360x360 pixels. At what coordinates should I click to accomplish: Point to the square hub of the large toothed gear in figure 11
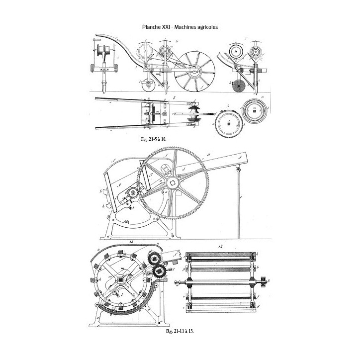(x=173, y=183)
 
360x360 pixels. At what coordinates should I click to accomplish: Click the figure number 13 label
(x=220, y=246)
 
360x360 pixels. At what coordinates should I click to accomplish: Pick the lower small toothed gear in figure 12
(x=161, y=270)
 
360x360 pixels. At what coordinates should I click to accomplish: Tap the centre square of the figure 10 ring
(x=255, y=111)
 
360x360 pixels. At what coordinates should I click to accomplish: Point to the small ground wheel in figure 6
(x=148, y=86)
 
